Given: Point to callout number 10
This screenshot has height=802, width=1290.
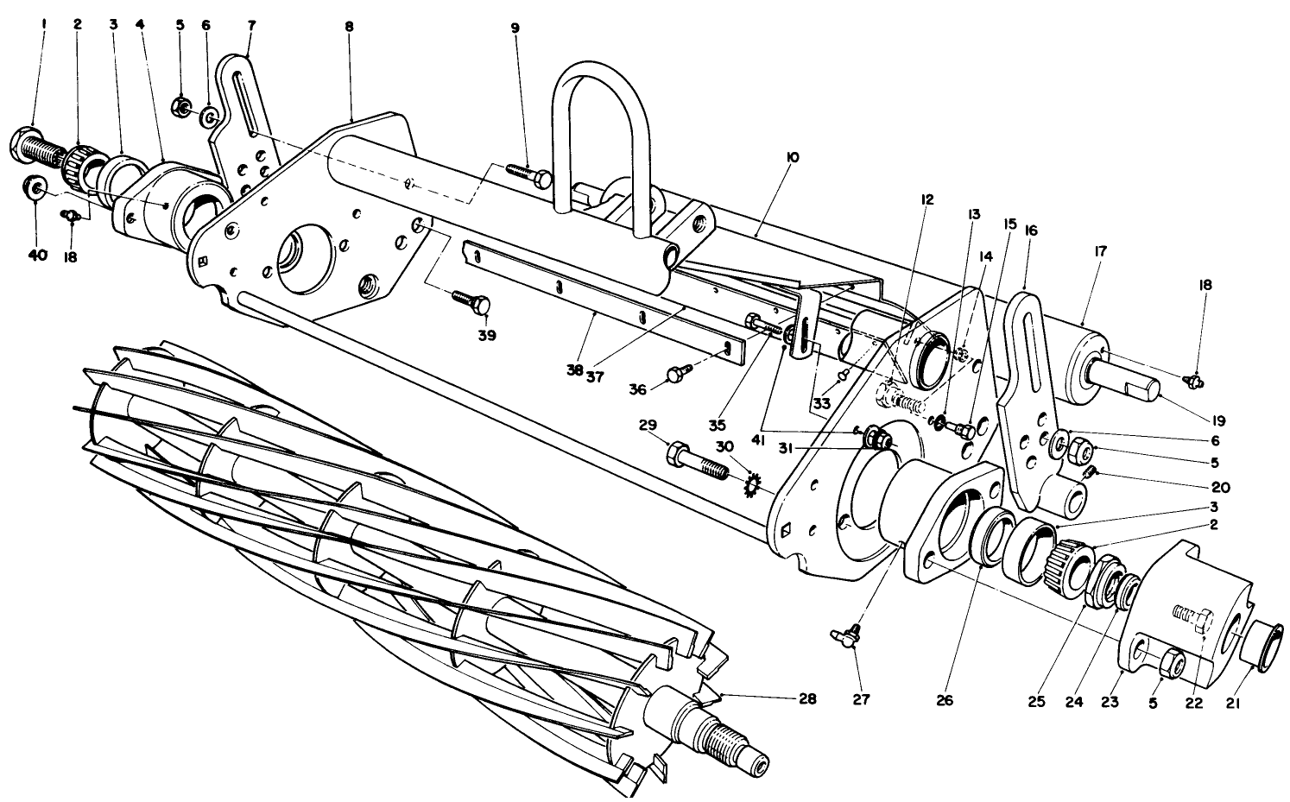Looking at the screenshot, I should tap(793, 157).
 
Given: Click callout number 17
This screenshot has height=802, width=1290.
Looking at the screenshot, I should tap(1099, 251).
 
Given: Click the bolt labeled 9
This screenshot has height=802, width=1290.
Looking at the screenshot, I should tap(528, 176).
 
